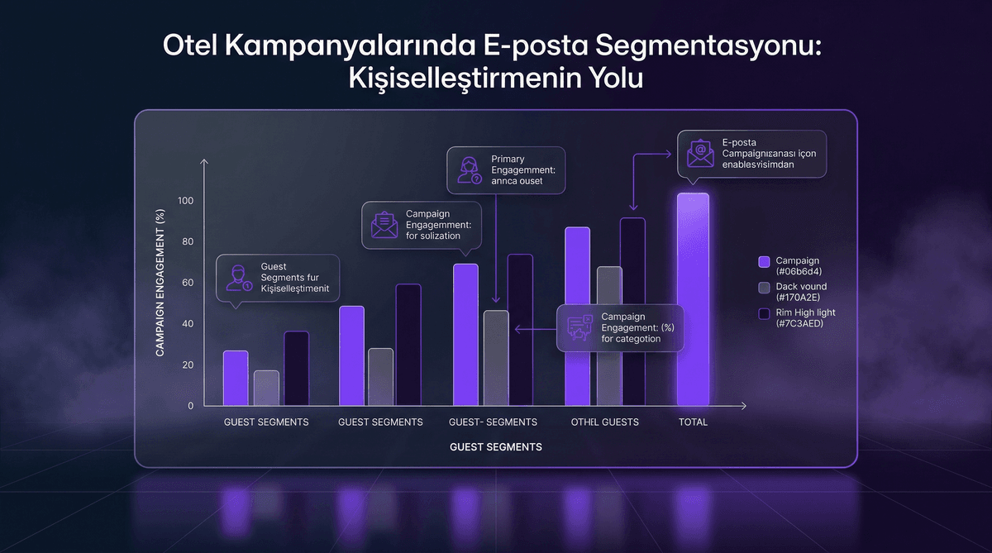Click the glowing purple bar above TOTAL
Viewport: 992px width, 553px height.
[x=693, y=300]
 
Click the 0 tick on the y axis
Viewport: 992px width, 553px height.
[x=190, y=406]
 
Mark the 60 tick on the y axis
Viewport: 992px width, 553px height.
[x=188, y=284]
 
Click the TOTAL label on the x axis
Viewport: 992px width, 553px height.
[x=693, y=422]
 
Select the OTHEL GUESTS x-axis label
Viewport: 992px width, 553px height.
[x=604, y=422]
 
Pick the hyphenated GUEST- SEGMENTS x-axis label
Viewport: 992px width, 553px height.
[x=493, y=422]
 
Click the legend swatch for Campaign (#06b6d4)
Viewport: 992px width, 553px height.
[x=764, y=261]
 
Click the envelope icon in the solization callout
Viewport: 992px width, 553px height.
[x=384, y=225]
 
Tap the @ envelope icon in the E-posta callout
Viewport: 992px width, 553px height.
[x=699, y=154]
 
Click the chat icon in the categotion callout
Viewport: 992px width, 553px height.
[x=579, y=328]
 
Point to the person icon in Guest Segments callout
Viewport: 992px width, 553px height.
[x=238, y=277]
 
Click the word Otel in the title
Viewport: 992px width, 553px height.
[x=191, y=46]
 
